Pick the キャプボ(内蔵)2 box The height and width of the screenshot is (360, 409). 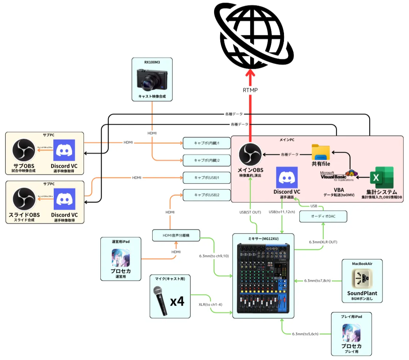pos(207,160)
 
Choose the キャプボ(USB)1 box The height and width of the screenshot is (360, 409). pos(207,178)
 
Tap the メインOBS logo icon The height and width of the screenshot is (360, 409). pos(250,155)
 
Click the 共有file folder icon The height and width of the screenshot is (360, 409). pos(321,152)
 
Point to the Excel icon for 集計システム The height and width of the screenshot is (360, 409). pos(381,178)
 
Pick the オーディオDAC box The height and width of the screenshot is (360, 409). pos(323,217)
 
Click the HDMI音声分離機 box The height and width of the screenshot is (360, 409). pos(176,235)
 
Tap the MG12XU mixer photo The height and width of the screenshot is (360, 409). pos(263,278)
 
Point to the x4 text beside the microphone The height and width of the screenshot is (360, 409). pos(177,302)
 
